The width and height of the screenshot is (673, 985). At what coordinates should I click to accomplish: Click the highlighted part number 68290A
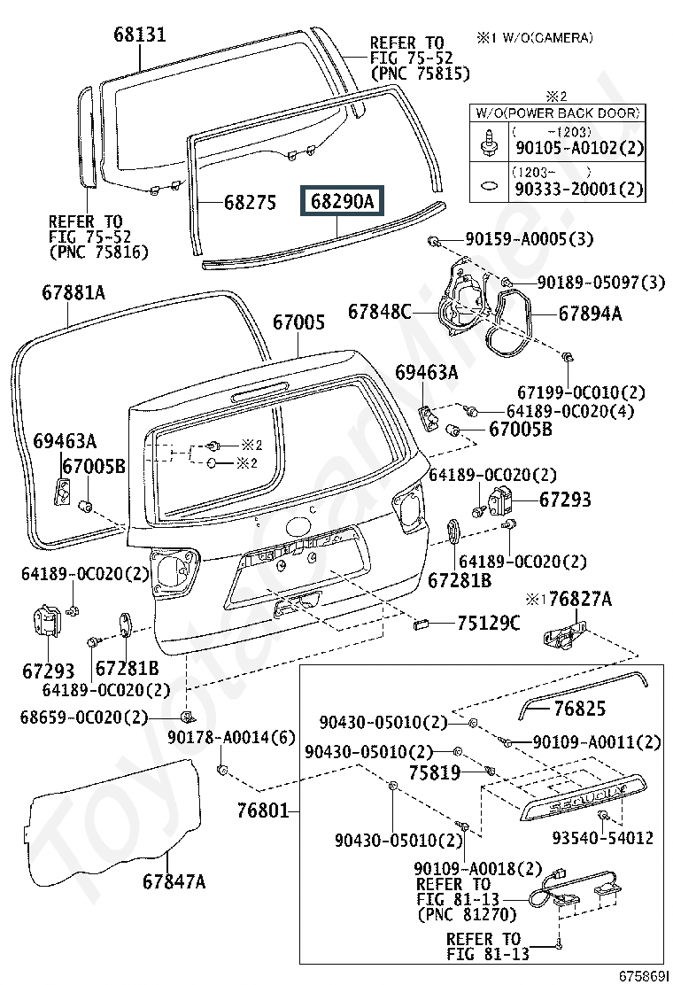point(342,201)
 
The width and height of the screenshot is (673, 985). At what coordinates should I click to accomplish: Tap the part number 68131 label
point(140,34)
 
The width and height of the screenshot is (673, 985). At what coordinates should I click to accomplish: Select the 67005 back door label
point(298,322)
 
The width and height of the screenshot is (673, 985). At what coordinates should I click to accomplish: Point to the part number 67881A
point(73,292)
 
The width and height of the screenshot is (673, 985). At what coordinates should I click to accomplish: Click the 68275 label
point(251,202)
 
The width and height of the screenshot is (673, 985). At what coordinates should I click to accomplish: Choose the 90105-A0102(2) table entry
point(579,148)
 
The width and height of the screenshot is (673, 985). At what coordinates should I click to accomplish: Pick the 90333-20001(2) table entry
point(579,189)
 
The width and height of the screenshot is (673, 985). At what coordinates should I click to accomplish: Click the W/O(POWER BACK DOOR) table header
point(558,113)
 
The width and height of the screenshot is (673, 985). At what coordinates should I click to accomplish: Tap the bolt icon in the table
point(489,143)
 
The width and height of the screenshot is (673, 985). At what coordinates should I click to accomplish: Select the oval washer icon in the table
point(489,185)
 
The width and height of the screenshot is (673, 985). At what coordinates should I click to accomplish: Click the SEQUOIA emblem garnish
point(582,797)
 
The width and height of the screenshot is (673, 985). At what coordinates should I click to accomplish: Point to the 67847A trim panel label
point(174,881)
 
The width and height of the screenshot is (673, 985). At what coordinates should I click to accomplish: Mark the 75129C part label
point(489,623)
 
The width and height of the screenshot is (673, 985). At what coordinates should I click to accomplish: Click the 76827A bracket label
point(580,599)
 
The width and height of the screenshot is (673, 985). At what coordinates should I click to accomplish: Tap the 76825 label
point(579,708)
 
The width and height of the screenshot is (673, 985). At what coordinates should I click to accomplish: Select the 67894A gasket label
point(590,313)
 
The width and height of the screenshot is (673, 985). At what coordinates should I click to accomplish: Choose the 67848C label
point(380,311)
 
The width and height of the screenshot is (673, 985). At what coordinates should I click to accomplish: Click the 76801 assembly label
point(263,810)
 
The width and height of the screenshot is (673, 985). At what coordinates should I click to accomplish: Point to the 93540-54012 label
point(603,837)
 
